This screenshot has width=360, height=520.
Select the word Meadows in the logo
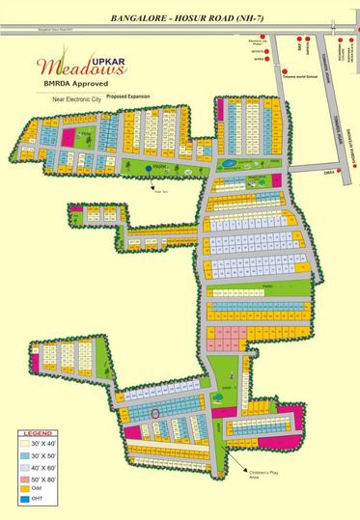pos(68,68)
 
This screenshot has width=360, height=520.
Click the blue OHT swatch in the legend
pos(20,501)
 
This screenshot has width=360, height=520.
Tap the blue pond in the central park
pos(229,164)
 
